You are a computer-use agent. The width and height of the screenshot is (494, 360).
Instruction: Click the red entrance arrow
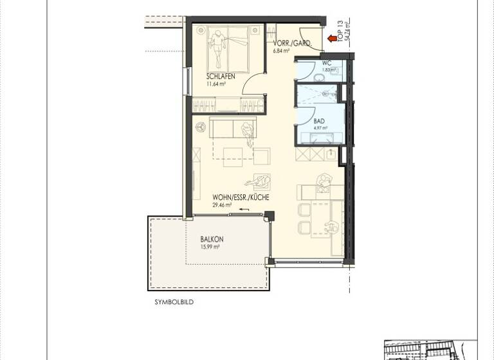tap(333, 39)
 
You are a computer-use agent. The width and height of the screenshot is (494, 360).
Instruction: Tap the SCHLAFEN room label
tap(221, 76)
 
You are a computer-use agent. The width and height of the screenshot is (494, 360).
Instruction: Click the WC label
tap(326, 63)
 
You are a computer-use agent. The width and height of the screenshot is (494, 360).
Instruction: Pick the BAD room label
tap(319, 120)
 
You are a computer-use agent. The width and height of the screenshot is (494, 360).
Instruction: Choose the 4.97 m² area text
tap(320, 127)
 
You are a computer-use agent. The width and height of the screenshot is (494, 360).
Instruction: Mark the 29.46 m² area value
tap(222, 206)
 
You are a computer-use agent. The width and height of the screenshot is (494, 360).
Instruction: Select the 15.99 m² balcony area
tap(210, 246)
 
